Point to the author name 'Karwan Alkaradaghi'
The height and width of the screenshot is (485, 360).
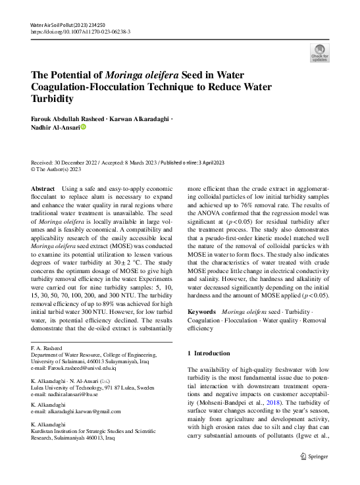pyautogui.click(x=138, y=118)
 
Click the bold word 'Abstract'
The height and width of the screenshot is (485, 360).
pyautogui.click(x=43, y=188)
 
